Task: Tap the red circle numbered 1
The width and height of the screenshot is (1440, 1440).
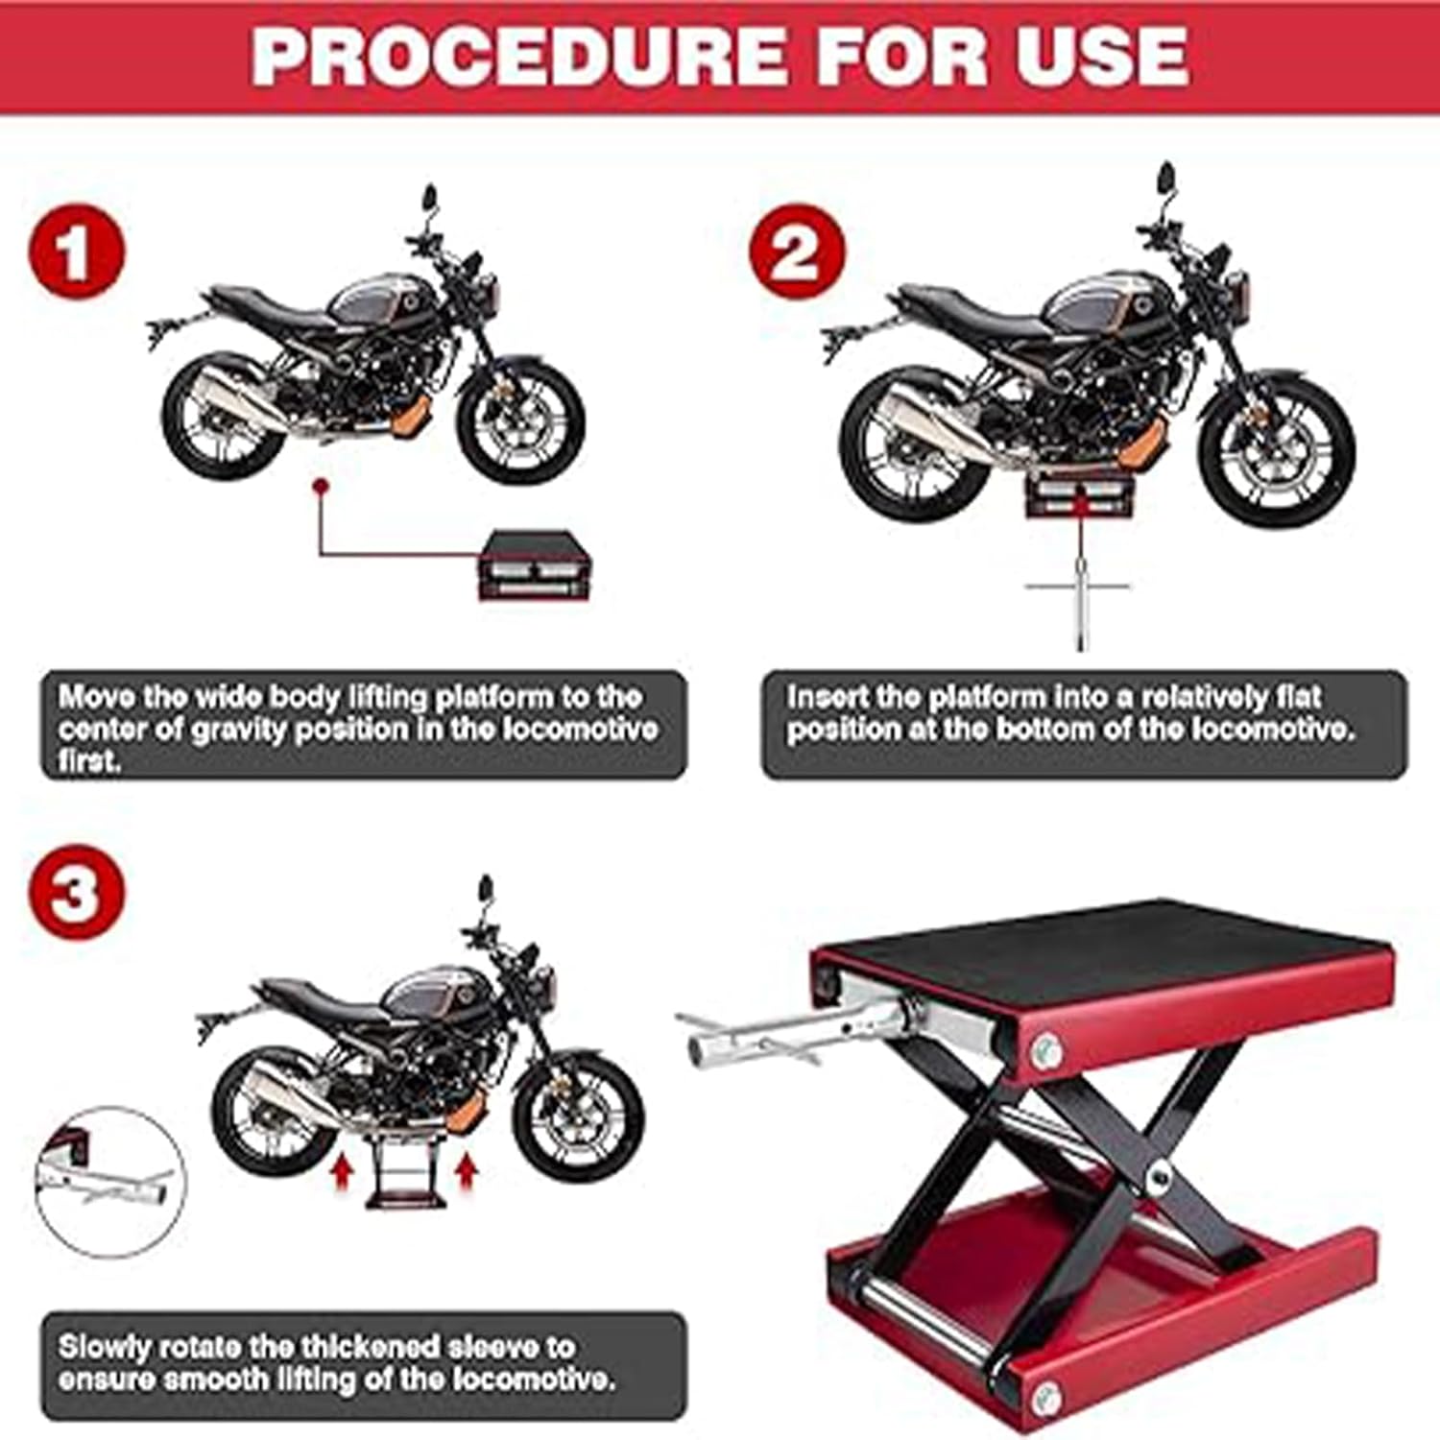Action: [x=76, y=253]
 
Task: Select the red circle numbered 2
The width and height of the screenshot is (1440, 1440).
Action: [x=796, y=252]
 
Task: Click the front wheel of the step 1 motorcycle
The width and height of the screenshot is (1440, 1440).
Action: [x=519, y=420]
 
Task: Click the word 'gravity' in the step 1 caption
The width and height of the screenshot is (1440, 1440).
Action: [x=241, y=729]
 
